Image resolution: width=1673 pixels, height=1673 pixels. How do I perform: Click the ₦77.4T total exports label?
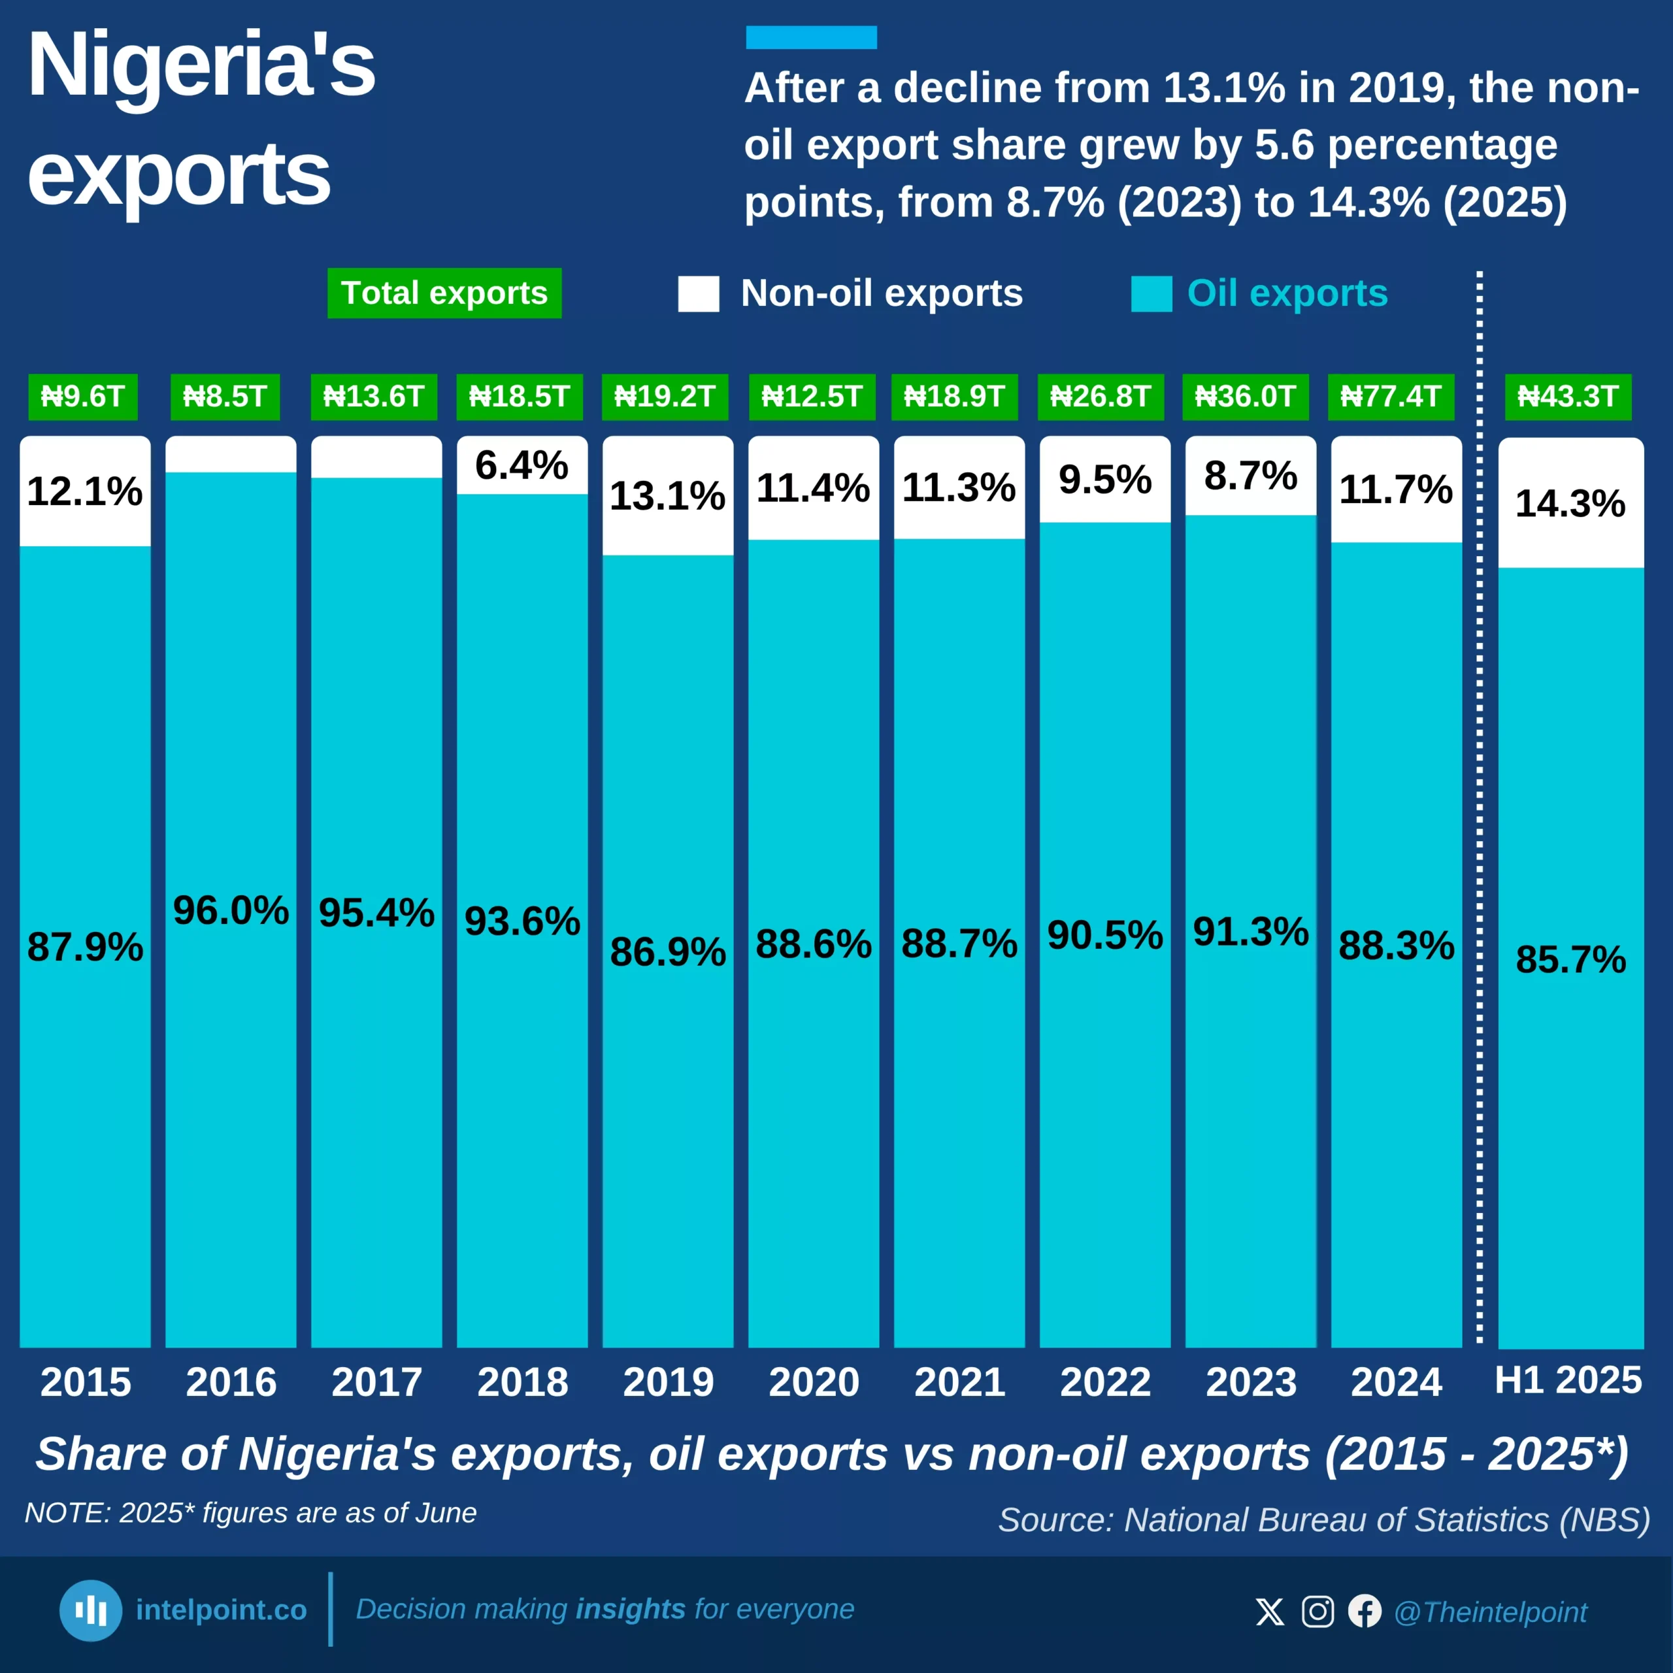click(1391, 397)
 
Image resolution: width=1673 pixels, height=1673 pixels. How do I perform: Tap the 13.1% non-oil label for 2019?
click(668, 496)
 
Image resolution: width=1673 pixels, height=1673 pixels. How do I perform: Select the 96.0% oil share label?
click(230, 910)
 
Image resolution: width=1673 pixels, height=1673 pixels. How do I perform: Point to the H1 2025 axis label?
click(1568, 1380)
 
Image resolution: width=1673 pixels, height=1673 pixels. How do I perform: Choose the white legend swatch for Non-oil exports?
click(698, 293)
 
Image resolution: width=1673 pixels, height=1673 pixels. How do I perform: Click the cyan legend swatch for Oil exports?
click(1151, 293)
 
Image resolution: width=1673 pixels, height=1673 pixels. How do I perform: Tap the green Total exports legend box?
click(444, 293)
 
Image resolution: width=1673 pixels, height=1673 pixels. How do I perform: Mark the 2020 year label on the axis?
click(813, 1382)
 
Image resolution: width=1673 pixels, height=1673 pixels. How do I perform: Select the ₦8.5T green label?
click(225, 397)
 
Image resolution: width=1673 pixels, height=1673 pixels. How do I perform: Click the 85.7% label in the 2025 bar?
click(1570, 959)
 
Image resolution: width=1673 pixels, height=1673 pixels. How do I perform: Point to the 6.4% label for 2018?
click(522, 466)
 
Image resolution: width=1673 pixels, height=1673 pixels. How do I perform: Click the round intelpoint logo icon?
click(91, 1611)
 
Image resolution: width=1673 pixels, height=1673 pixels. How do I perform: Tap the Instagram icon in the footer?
click(1317, 1612)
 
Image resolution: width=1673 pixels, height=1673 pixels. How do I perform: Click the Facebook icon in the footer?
click(1365, 1612)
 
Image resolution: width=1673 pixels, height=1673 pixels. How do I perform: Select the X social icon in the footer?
click(1270, 1612)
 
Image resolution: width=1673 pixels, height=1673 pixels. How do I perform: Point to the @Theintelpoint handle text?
click(1490, 1612)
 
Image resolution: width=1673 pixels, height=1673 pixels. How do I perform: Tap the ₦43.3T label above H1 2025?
click(1568, 397)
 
